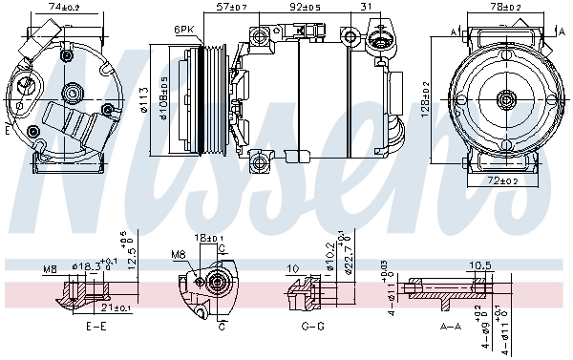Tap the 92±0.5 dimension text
(305, 7)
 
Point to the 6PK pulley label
(184, 30)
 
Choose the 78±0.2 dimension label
(507, 7)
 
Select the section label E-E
(95, 327)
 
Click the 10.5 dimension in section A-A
(479, 266)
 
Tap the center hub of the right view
(505, 97)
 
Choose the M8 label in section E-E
(50, 270)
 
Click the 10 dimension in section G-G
(293, 268)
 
